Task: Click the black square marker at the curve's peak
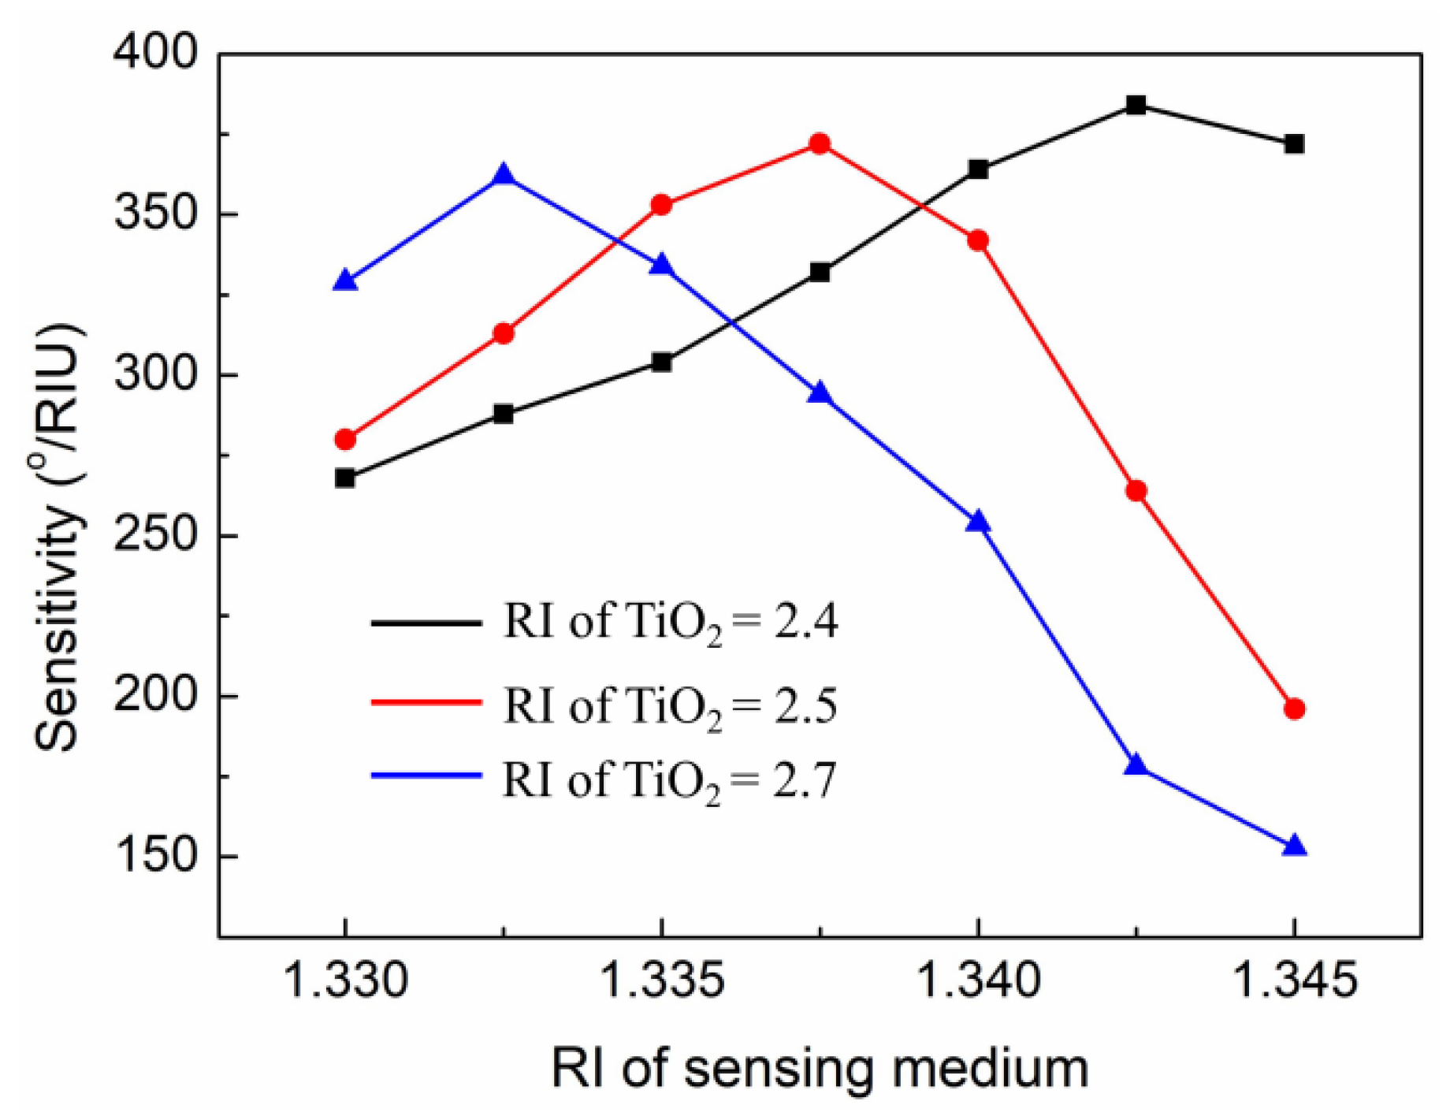click(x=1136, y=105)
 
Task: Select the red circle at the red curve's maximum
click(x=820, y=143)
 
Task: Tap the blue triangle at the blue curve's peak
click(x=504, y=175)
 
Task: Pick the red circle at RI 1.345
click(x=1294, y=709)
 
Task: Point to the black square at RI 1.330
click(x=344, y=478)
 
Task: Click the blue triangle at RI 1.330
click(x=344, y=281)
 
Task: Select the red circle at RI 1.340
click(x=978, y=240)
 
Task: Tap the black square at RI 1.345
click(x=1294, y=143)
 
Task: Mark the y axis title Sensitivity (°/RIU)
click(x=58, y=536)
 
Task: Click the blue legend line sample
click(x=426, y=776)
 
